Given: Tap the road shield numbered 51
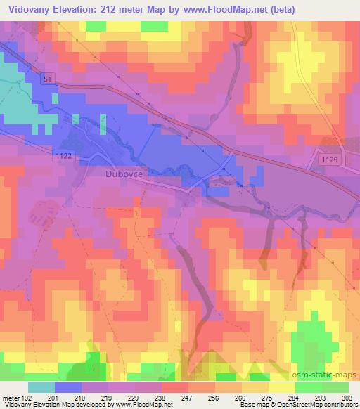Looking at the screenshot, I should pos(46,79).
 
